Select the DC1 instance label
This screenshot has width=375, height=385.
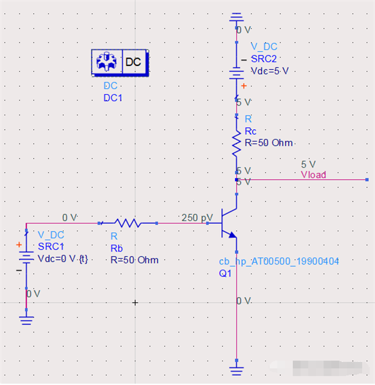(x=112, y=98)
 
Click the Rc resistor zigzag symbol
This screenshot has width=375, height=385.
(x=236, y=143)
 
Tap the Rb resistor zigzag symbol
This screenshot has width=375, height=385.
(x=127, y=222)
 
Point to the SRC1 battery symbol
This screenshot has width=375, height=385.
(x=26, y=257)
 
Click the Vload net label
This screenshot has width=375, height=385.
(x=313, y=175)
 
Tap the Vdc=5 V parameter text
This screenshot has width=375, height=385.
(x=269, y=71)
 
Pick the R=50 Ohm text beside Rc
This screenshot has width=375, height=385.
(x=269, y=143)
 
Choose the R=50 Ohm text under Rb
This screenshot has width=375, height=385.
(x=134, y=260)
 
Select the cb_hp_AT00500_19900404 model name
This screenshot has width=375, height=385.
(x=278, y=261)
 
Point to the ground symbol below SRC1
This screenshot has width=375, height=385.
(x=26, y=319)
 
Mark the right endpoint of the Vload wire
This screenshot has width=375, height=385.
(x=367, y=180)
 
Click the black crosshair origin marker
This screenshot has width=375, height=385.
(x=134, y=303)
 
